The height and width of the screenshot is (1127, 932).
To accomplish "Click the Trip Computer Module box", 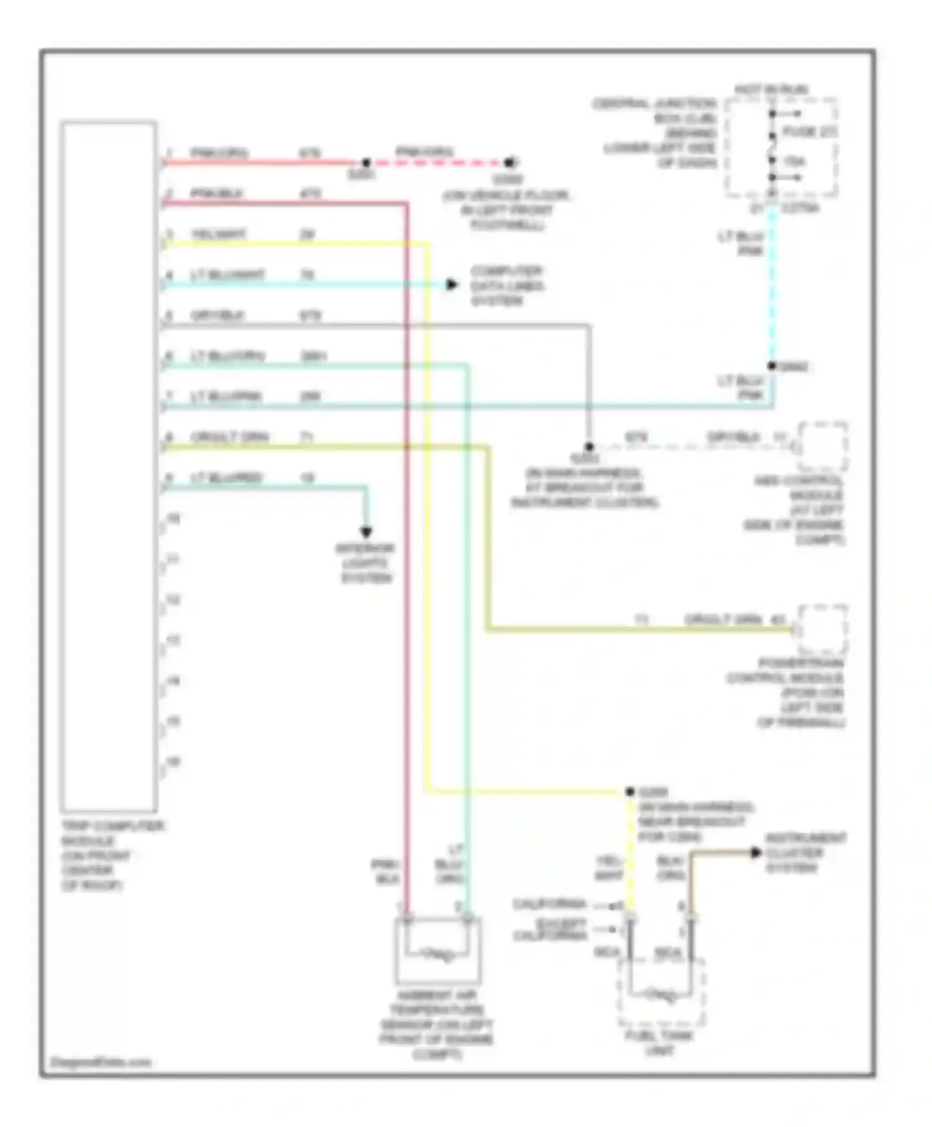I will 109,466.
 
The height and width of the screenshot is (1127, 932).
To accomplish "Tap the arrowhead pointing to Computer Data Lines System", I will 452,285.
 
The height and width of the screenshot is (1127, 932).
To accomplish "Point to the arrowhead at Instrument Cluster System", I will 756,852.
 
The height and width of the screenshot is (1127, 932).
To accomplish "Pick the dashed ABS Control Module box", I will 823,446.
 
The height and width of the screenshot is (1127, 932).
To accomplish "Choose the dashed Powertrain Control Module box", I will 823,629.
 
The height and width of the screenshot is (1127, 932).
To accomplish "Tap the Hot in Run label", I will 771,89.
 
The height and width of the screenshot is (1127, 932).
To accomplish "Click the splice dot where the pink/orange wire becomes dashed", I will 367,163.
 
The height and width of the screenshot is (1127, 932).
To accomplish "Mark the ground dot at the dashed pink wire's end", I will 509,163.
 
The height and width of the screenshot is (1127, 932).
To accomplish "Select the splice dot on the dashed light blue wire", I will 772,366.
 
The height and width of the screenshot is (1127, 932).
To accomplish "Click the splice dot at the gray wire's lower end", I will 589,447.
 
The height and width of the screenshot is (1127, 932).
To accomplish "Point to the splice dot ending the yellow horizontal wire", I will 630,792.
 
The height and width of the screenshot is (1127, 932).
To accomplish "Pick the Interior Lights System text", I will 366,563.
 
